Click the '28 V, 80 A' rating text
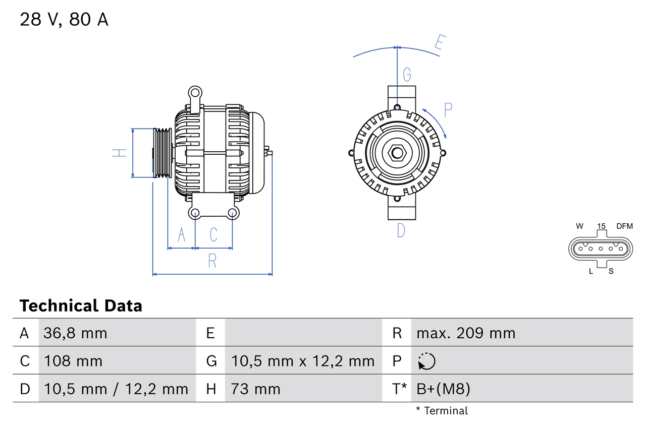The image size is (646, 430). point(64,20)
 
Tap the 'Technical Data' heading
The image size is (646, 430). point(81,306)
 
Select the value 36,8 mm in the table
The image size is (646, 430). point(76,333)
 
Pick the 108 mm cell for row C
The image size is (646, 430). point(73,361)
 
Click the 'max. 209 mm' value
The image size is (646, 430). point(466,333)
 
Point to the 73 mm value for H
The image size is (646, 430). point(255,389)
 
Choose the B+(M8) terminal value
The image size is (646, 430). point(443,389)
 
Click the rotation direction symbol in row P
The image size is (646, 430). point(426,361)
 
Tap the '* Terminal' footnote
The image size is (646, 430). point(442,410)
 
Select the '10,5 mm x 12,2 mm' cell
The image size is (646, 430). point(303,361)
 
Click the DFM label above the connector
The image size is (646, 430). point(624,226)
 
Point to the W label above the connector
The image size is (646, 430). point(580,226)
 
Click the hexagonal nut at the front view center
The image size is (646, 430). point(397,153)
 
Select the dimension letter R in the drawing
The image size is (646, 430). point(212,261)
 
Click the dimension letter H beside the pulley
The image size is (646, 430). point(120,153)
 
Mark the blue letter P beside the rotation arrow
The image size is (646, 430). point(448,109)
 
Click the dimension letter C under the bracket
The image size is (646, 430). point(213,234)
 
